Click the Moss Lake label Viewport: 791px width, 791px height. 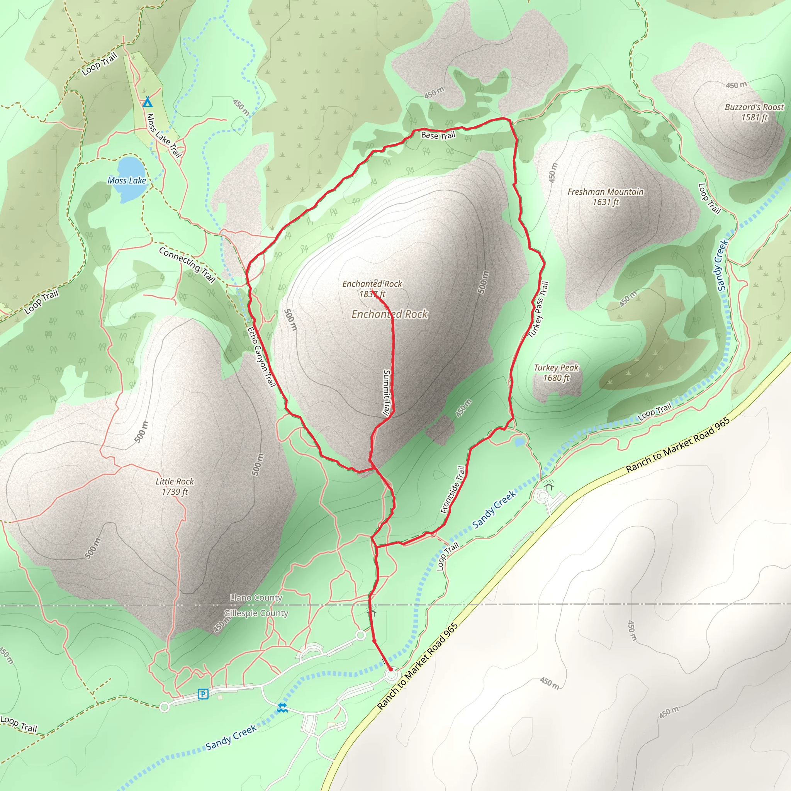click(x=127, y=180)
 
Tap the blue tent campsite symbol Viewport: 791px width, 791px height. click(x=148, y=102)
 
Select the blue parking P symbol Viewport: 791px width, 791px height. click(x=203, y=694)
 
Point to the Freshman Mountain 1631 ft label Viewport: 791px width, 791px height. click(x=606, y=197)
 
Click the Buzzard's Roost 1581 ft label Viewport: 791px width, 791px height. click(x=754, y=112)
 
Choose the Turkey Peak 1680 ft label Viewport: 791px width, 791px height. click(x=556, y=373)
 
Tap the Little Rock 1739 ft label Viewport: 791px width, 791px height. click(x=175, y=486)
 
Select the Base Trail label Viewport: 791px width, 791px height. click(x=438, y=135)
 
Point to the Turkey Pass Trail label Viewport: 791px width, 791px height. click(x=538, y=309)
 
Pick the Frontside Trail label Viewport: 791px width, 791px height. click(x=453, y=490)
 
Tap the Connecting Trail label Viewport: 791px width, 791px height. click(x=187, y=265)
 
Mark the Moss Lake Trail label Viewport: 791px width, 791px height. click(x=164, y=136)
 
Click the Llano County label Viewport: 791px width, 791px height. click(x=256, y=598)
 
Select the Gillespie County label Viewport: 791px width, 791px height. click(x=256, y=613)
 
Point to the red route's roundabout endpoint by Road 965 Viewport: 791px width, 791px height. click(x=391, y=675)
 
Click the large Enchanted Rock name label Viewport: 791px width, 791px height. click(x=390, y=314)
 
